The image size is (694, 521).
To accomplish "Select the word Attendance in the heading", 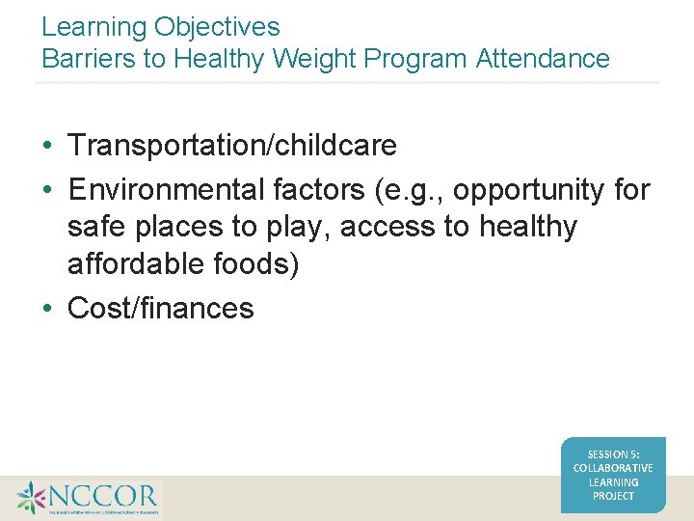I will point(543,59).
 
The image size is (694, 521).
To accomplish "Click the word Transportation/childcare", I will point(232,146).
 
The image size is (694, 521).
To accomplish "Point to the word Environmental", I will point(165,190).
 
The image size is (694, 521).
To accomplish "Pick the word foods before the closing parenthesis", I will point(256,264).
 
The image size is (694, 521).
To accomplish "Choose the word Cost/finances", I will point(161,309).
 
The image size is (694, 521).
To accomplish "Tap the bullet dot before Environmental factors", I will point(47,191).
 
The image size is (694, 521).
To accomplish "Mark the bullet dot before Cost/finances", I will point(47,310).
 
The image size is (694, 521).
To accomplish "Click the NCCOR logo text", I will point(103,496).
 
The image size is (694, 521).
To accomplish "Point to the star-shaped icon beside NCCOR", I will point(31,498).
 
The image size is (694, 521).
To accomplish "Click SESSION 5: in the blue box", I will point(612,454).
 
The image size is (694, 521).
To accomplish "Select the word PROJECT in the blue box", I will point(613,496).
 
